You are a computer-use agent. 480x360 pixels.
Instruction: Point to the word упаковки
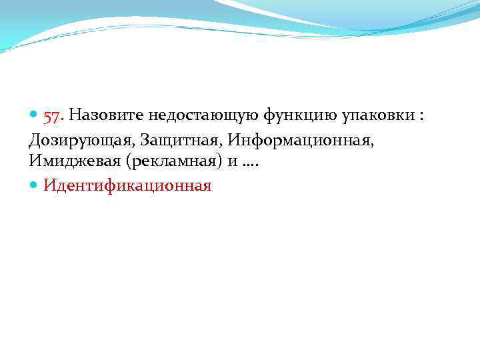tap(377, 117)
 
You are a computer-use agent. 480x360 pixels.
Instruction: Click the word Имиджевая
tap(70, 162)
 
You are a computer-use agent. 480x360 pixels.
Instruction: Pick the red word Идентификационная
tap(127, 185)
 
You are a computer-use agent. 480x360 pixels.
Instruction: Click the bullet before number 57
tap(34, 117)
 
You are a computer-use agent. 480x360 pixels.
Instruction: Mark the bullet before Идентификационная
tap(34, 185)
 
